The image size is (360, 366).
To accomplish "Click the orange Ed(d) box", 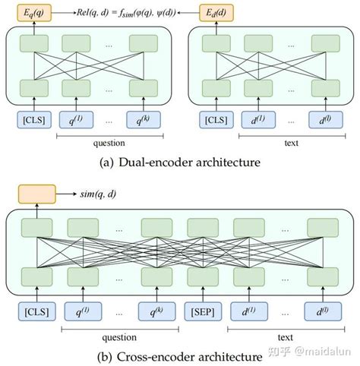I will point(216,13).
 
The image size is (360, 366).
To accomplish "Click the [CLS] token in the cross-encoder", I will point(36,312).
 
